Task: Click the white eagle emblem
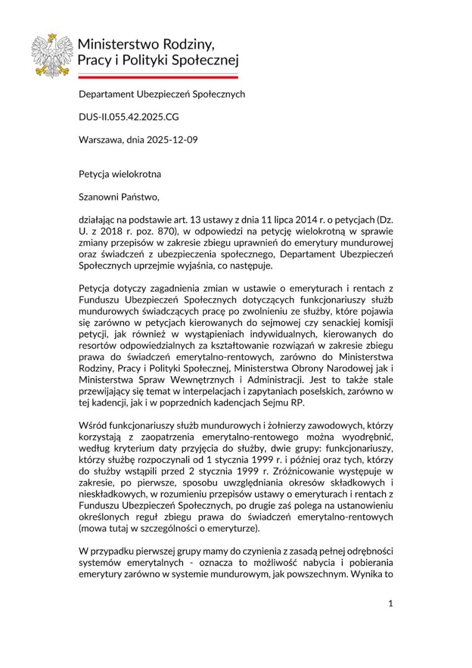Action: (52, 55)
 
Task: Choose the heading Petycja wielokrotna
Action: (120, 174)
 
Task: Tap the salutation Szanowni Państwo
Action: (115, 197)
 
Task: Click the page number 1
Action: (390, 604)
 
